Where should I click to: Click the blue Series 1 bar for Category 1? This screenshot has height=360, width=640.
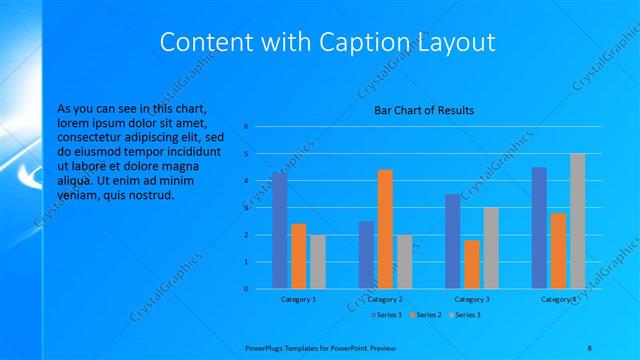coord(279,231)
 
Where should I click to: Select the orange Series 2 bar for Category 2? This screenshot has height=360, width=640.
coord(385,229)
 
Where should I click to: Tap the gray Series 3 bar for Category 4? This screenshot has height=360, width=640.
coord(577,221)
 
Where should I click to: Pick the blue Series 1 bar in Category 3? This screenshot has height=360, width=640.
coord(452,241)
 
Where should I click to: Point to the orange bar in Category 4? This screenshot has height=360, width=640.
coord(558,251)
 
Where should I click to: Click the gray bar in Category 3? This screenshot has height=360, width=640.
coord(490,248)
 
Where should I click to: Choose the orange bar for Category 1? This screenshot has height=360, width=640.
coord(298,256)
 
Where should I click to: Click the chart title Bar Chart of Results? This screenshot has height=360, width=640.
coord(423,110)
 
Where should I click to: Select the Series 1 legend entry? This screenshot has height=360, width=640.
coord(387,315)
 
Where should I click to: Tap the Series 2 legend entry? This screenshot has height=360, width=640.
coord(426,315)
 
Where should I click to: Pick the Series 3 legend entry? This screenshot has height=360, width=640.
coord(466,315)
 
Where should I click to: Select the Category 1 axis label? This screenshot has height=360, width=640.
coord(298,299)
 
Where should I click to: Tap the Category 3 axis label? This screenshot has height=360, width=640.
coord(471,299)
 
